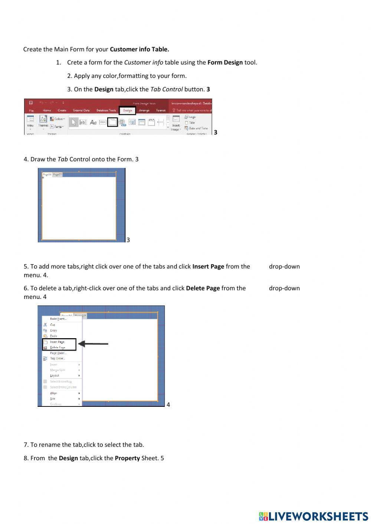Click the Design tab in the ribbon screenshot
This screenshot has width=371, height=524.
pos(127,111)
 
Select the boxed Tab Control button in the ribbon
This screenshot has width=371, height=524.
pos(112,122)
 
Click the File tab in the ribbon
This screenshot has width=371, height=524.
pos(31,111)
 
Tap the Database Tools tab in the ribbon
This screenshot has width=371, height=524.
pos(106,111)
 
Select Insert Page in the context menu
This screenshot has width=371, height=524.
pos(57,342)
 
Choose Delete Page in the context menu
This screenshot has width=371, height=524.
pos(58,347)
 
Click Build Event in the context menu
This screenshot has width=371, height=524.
pos(58,319)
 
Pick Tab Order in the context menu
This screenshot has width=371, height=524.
pos(57,359)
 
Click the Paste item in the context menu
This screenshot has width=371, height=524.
pos(53,336)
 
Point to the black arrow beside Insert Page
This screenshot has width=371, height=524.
pos(93,344)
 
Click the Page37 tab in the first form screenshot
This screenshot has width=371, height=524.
pos(57,174)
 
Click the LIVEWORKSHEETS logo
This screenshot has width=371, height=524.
pos(313,516)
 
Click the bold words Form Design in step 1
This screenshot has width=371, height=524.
pos(225,62)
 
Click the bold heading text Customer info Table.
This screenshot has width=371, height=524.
pos(139,49)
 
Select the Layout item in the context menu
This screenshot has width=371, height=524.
pos(55,376)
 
